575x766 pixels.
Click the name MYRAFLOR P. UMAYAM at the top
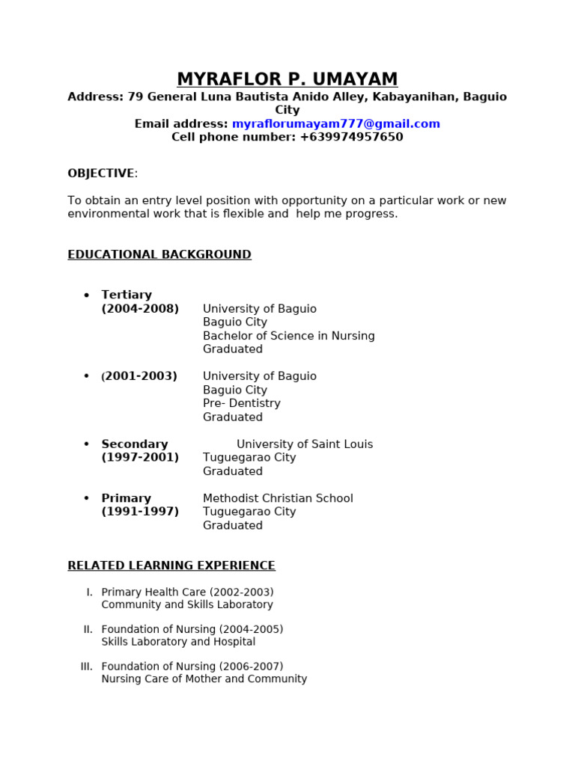pyautogui.click(x=287, y=79)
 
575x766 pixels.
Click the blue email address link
pyautogui.click(x=336, y=124)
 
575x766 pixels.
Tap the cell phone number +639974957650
pyautogui.click(x=351, y=138)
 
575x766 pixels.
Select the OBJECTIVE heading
pyautogui.click(x=100, y=174)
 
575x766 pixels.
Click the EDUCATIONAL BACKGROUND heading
pyautogui.click(x=159, y=255)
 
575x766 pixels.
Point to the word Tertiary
pyautogui.click(x=127, y=295)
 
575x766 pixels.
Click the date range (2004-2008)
pyautogui.click(x=140, y=309)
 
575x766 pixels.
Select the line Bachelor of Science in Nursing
pyautogui.click(x=288, y=336)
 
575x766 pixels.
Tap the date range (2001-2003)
pyautogui.click(x=140, y=376)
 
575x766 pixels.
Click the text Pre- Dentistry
pyautogui.click(x=241, y=404)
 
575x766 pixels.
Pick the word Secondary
pyautogui.click(x=135, y=444)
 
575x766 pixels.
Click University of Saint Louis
pyautogui.click(x=305, y=444)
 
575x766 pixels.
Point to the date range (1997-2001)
pyautogui.click(x=140, y=458)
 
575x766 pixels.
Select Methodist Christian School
pyautogui.click(x=278, y=498)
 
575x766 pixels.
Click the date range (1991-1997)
pyautogui.click(x=140, y=512)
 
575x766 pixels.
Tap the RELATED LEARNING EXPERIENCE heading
pyautogui.click(x=171, y=566)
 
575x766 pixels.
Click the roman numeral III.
pyautogui.click(x=87, y=667)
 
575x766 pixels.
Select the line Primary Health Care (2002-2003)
pyautogui.click(x=187, y=592)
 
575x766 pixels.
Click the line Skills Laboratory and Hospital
pyautogui.click(x=178, y=642)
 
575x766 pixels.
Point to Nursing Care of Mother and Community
pyautogui.click(x=204, y=679)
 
